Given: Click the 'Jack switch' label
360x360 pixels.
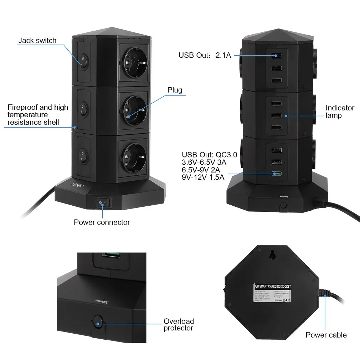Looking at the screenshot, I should pos(37,41).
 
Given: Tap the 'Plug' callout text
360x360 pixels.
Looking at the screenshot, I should pos(175,90).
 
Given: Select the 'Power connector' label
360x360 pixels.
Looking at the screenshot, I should pos(102,222).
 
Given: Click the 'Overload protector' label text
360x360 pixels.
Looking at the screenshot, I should pos(179,325).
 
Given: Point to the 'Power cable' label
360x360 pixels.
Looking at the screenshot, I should pos(326,335).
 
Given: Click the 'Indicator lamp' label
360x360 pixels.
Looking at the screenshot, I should pos(340,112).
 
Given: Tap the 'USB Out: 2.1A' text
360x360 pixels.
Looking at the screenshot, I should pos(205,55).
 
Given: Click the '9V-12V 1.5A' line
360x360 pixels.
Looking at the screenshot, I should pos(203,177).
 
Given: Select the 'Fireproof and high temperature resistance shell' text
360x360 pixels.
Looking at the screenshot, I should pos(37,115).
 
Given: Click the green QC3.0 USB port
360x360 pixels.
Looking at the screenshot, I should pos(276,174).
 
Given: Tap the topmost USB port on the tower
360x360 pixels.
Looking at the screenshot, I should pos(276,56).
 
